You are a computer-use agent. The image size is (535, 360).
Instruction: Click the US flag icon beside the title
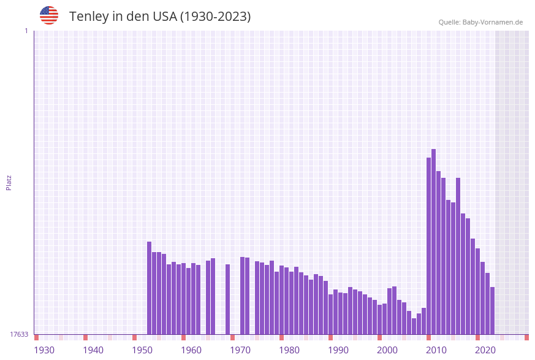[49, 15]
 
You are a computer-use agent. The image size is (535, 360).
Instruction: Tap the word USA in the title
[161, 17]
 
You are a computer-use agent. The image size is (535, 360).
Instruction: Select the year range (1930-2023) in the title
[214, 17]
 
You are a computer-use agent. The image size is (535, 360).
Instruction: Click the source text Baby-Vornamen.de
[492, 22]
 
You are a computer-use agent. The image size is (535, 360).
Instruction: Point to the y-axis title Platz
[9, 182]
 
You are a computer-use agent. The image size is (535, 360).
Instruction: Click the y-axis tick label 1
[26, 31]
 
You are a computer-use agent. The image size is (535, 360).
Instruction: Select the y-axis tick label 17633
[19, 334]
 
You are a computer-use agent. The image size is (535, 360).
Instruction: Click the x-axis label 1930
[44, 350]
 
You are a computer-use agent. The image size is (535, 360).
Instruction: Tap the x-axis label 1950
[142, 350]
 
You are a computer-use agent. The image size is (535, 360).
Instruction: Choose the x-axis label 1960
[191, 350]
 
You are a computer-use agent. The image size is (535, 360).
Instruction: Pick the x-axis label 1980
[289, 350]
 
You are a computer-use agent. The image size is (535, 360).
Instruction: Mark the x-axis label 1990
[338, 350]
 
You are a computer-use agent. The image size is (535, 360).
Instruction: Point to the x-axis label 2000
[387, 350]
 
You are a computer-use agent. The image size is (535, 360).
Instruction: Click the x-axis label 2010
[436, 350]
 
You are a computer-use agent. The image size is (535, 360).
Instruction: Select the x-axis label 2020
[485, 350]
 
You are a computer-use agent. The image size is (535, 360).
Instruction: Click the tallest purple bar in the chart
[433, 242]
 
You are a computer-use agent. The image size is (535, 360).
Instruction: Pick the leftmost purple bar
[149, 288]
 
